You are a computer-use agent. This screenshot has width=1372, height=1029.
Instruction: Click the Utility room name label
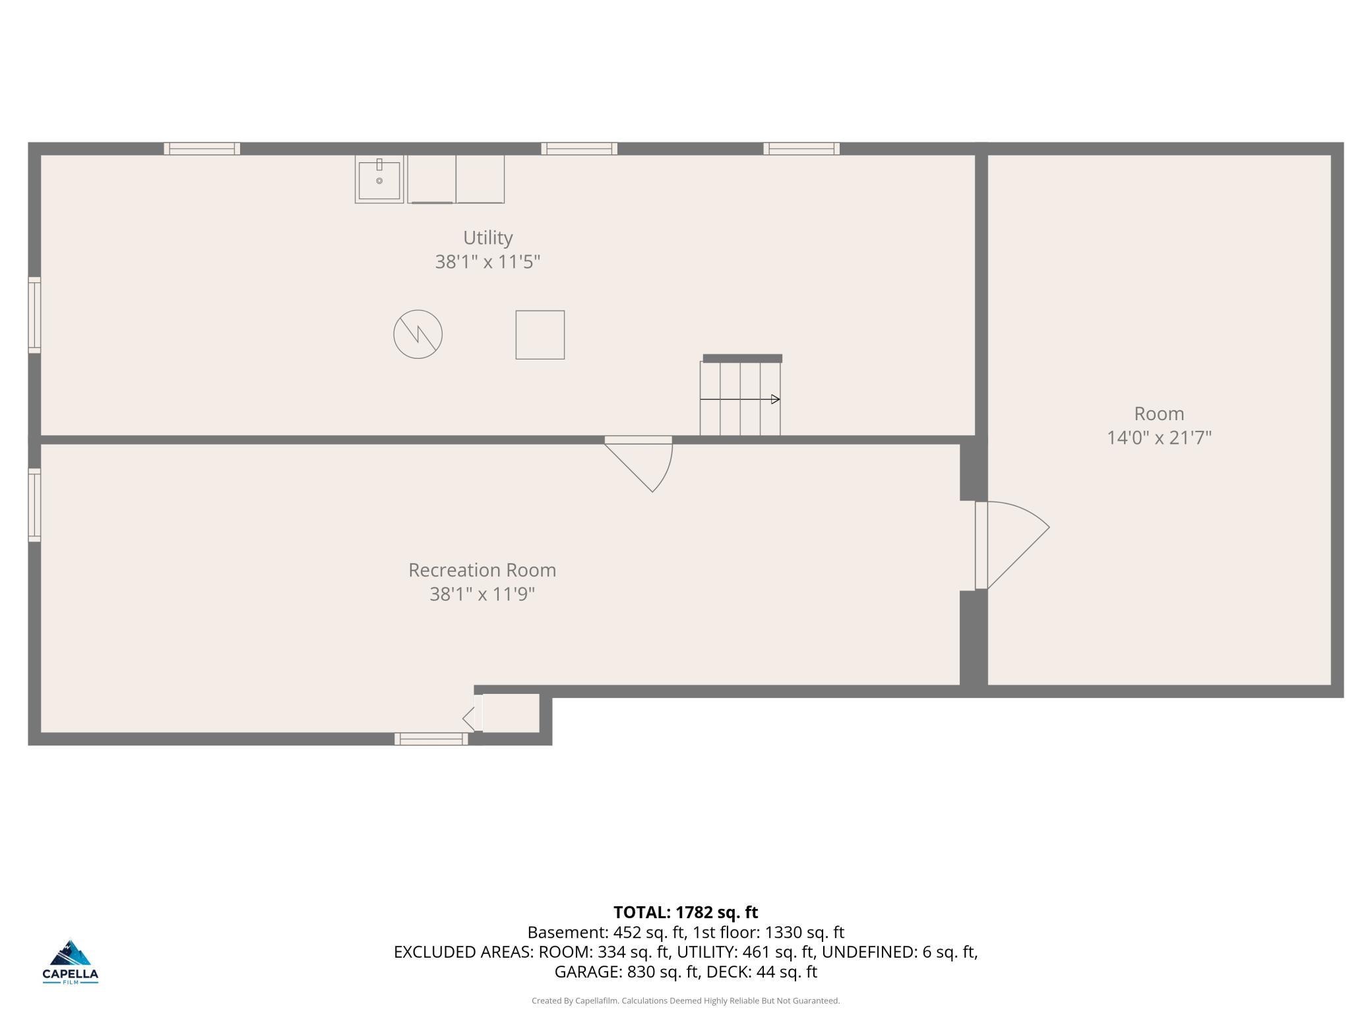[x=487, y=237]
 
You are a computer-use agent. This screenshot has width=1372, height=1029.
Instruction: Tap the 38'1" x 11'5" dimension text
[x=487, y=262]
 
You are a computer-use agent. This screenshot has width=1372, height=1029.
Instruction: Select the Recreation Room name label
[x=482, y=570]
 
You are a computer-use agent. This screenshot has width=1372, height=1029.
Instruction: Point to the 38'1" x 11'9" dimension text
[x=482, y=594]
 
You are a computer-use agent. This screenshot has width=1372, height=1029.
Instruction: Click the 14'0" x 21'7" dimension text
[x=1159, y=438]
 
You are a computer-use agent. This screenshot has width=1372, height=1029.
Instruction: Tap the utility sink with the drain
[x=379, y=179]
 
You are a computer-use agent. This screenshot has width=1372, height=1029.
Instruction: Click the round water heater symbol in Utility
[x=418, y=334]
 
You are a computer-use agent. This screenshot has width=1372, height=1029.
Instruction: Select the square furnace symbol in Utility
[x=540, y=335]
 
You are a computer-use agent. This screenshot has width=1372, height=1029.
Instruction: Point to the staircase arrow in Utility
[x=740, y=399]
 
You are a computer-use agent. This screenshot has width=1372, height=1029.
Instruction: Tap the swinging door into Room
[x=1012, y=545]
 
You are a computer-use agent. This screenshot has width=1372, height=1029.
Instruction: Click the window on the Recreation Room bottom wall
[x=431, y=739]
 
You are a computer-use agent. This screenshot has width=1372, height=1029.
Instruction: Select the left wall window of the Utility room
[x=34, y=315]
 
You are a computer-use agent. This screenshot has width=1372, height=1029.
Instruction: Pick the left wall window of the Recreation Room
[x=34, y=505]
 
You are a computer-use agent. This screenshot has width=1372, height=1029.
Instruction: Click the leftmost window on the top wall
[x=202, y=148]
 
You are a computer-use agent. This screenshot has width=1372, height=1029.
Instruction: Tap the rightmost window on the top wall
[x=801, y=148]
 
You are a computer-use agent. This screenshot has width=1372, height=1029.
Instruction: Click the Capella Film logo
[x=71, y=962]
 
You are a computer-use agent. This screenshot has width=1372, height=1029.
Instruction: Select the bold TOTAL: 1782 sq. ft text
[x=686, y=912]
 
